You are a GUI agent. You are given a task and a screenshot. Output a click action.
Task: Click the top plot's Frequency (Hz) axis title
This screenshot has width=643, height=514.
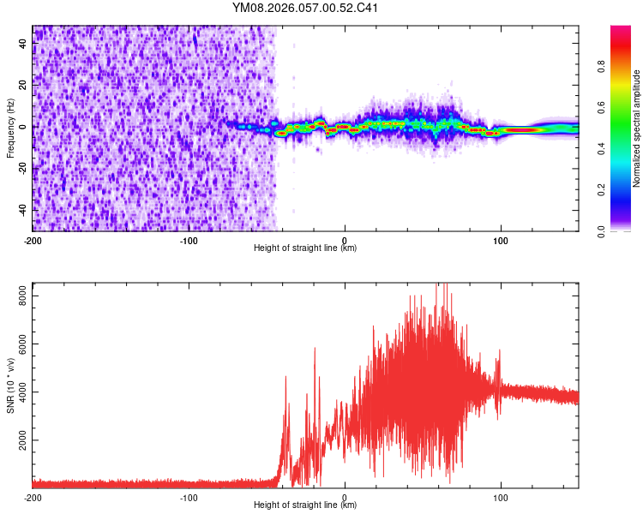click(x=10, y=128)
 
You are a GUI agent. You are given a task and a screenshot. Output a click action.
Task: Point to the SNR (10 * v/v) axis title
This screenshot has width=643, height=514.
click(x=10, y=385)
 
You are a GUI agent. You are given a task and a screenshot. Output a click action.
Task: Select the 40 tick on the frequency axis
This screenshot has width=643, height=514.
click(x=24, y=44)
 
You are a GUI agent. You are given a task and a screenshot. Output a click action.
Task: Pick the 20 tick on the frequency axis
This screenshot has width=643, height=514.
click(x=24, y=86)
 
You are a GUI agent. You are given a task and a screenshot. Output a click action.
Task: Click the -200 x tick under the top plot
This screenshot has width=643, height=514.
click(x=33, y=239)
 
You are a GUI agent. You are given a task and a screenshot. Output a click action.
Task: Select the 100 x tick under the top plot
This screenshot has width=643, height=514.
click(x=501, y=239)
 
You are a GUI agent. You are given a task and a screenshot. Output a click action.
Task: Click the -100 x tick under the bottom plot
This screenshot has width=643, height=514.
click(x=189, y=497)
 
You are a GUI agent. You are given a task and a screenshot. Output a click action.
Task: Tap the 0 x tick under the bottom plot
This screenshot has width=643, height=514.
click(x=345, y=497)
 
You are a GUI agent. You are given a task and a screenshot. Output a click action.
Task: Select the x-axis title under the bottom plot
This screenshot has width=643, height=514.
click(x=305, y=505)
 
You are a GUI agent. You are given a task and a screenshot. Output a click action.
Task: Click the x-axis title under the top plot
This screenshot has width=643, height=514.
click(x=305, y=248)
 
